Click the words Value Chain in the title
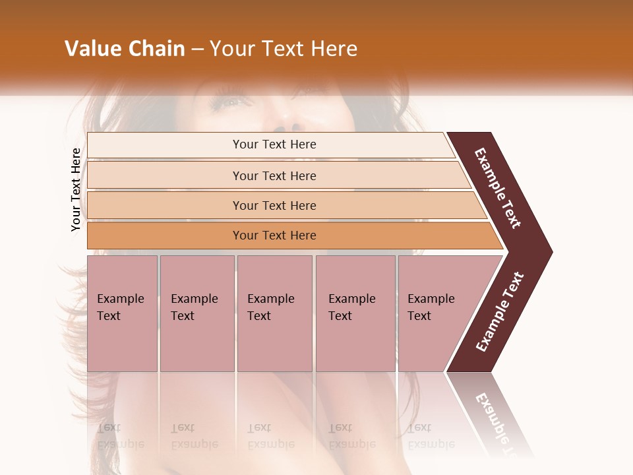(125, 49)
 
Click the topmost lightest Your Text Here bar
(274, 144)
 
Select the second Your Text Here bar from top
(274, 175)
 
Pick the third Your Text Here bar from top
(274, 205)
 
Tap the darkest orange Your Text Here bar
(274, 236)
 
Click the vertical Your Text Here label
(76, 189)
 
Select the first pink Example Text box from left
(122, 313)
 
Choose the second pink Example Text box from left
(196, 313)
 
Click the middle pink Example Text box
(274, 313)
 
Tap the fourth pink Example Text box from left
(355, 313)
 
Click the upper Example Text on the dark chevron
(498, 188)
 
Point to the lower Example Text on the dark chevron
(500, 311)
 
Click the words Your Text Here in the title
(284, 49)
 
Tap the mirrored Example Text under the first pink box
(120, 436)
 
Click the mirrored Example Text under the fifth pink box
(431, 436)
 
